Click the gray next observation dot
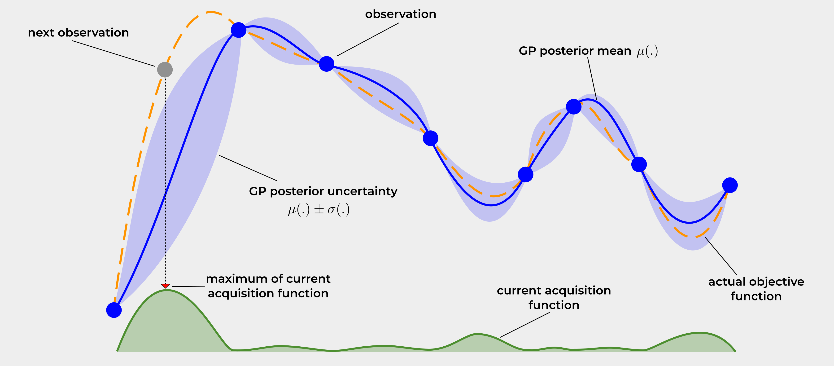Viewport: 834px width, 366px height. [x=165, y=70]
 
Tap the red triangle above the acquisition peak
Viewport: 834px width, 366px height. [x=166, y=286]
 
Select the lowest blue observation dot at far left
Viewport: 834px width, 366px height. [x=114, y=310]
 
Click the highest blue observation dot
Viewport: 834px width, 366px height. [x=239, y=30]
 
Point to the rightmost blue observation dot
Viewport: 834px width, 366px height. [x=730, y=185]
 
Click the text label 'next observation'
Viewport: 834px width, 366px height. [x=78, y=33]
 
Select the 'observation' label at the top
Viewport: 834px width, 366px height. [x=401, y=14]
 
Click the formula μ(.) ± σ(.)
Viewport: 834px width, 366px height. [x=319, y=210]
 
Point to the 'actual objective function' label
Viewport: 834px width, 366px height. [x=756, y=289]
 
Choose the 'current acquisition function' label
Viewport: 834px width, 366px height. [x=554, y=298]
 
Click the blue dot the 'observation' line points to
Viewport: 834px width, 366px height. [x=326, y=64]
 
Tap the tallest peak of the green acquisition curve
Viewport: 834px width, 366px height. [x=166, y=290]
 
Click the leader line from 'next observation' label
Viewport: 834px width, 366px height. [x=113, y=53]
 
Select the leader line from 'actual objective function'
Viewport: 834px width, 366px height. [x=721, y=256]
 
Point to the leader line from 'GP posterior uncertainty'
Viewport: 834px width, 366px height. [x=248, y=168]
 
